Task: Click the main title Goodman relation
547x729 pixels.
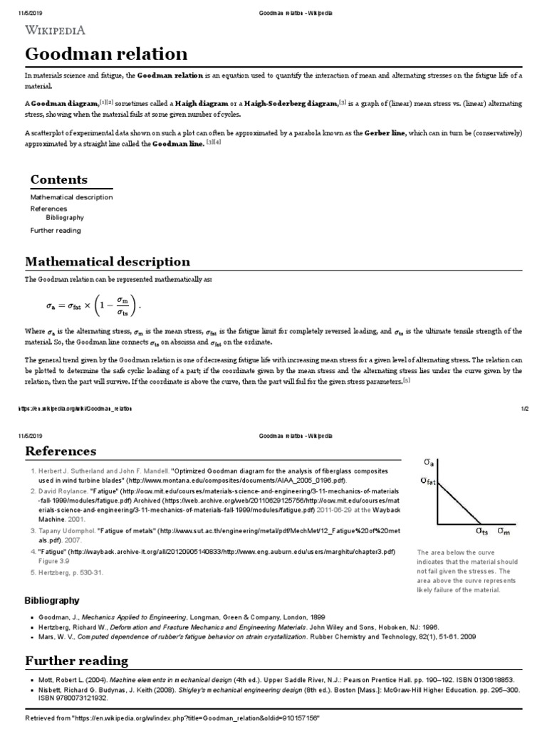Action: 107,53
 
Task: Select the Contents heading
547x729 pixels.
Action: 58,179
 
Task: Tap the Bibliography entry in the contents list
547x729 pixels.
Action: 65,217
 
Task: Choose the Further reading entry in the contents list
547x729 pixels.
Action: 56,231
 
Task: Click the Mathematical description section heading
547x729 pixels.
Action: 108,261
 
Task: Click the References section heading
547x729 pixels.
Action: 61,451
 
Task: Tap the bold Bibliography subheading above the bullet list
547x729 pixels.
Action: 52,600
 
